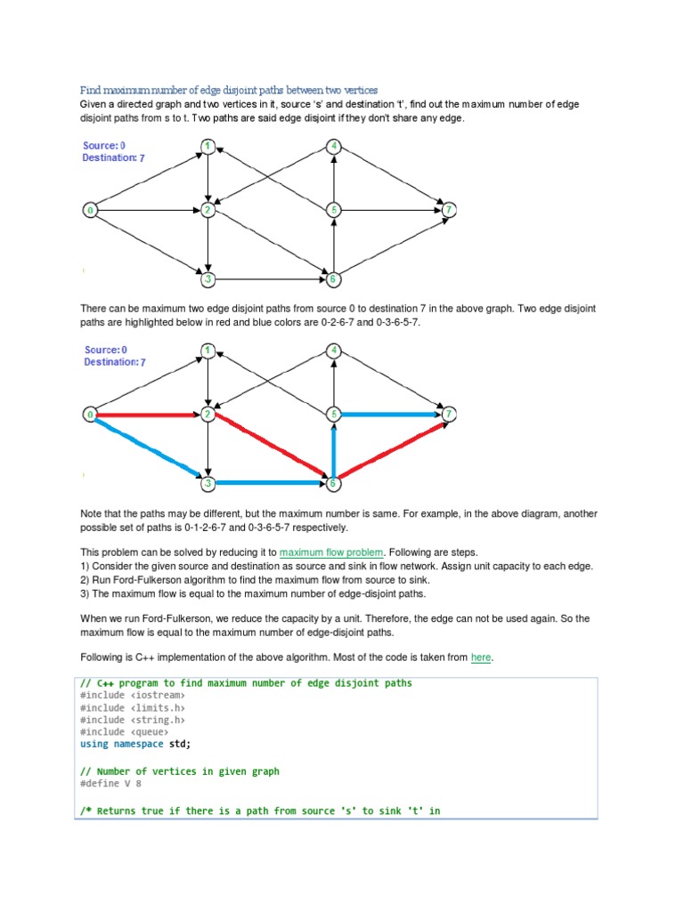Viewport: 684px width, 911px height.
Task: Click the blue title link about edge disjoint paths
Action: [229, 90]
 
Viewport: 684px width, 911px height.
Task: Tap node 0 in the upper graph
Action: [90, 211]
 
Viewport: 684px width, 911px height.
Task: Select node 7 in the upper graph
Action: [451, 210]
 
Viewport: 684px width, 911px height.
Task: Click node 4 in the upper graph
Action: [333, 147]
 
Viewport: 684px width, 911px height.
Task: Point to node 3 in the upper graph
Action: [208, 279]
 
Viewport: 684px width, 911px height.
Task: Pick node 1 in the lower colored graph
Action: [208, 351]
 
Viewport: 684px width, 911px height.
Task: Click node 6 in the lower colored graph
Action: [333, 484]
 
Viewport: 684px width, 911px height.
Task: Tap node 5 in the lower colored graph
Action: [333, 415]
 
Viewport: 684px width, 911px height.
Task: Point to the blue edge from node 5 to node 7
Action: [391, 414]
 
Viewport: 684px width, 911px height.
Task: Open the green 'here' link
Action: [480, 657]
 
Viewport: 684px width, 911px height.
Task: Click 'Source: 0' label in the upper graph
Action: [104, 145]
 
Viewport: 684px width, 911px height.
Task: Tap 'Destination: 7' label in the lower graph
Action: [114, 362]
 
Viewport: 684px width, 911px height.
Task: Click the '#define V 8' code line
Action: [110, 784]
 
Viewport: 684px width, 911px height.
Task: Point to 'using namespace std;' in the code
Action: [135, 744]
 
